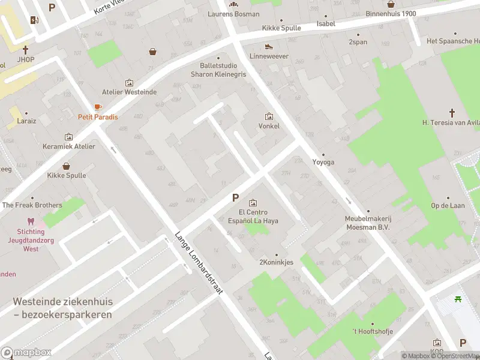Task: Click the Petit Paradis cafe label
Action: point(98,117)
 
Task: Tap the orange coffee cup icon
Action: point(98,107)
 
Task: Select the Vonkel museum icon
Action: point(269,116)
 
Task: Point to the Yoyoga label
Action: point(323,162)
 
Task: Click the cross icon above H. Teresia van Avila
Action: point(452,112)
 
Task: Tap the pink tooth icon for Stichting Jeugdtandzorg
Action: point(31,221)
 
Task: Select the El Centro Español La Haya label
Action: point(253,217)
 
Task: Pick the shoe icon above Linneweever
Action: point(269,46)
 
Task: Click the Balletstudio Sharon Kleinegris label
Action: point(218,70)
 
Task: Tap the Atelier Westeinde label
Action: point(129,92)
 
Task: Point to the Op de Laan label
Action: point(448,205)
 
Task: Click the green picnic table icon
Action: point(458,299)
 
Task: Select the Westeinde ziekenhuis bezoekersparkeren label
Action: point(63,308)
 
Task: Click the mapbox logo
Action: point(26,353)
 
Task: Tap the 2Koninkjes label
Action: point(276,262)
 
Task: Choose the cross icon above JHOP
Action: point(25,50)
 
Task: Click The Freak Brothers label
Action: point(32,205)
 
